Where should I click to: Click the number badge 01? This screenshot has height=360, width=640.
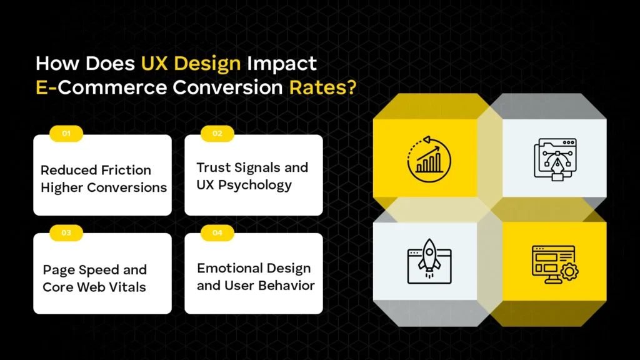coord(66,133)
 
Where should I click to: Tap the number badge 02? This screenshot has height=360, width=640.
coord(217,133)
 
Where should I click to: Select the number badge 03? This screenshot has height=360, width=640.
coord(66,232)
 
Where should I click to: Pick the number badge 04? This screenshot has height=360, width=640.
coord(217,232)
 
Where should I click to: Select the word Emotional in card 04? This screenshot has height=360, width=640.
coord(227,268)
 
